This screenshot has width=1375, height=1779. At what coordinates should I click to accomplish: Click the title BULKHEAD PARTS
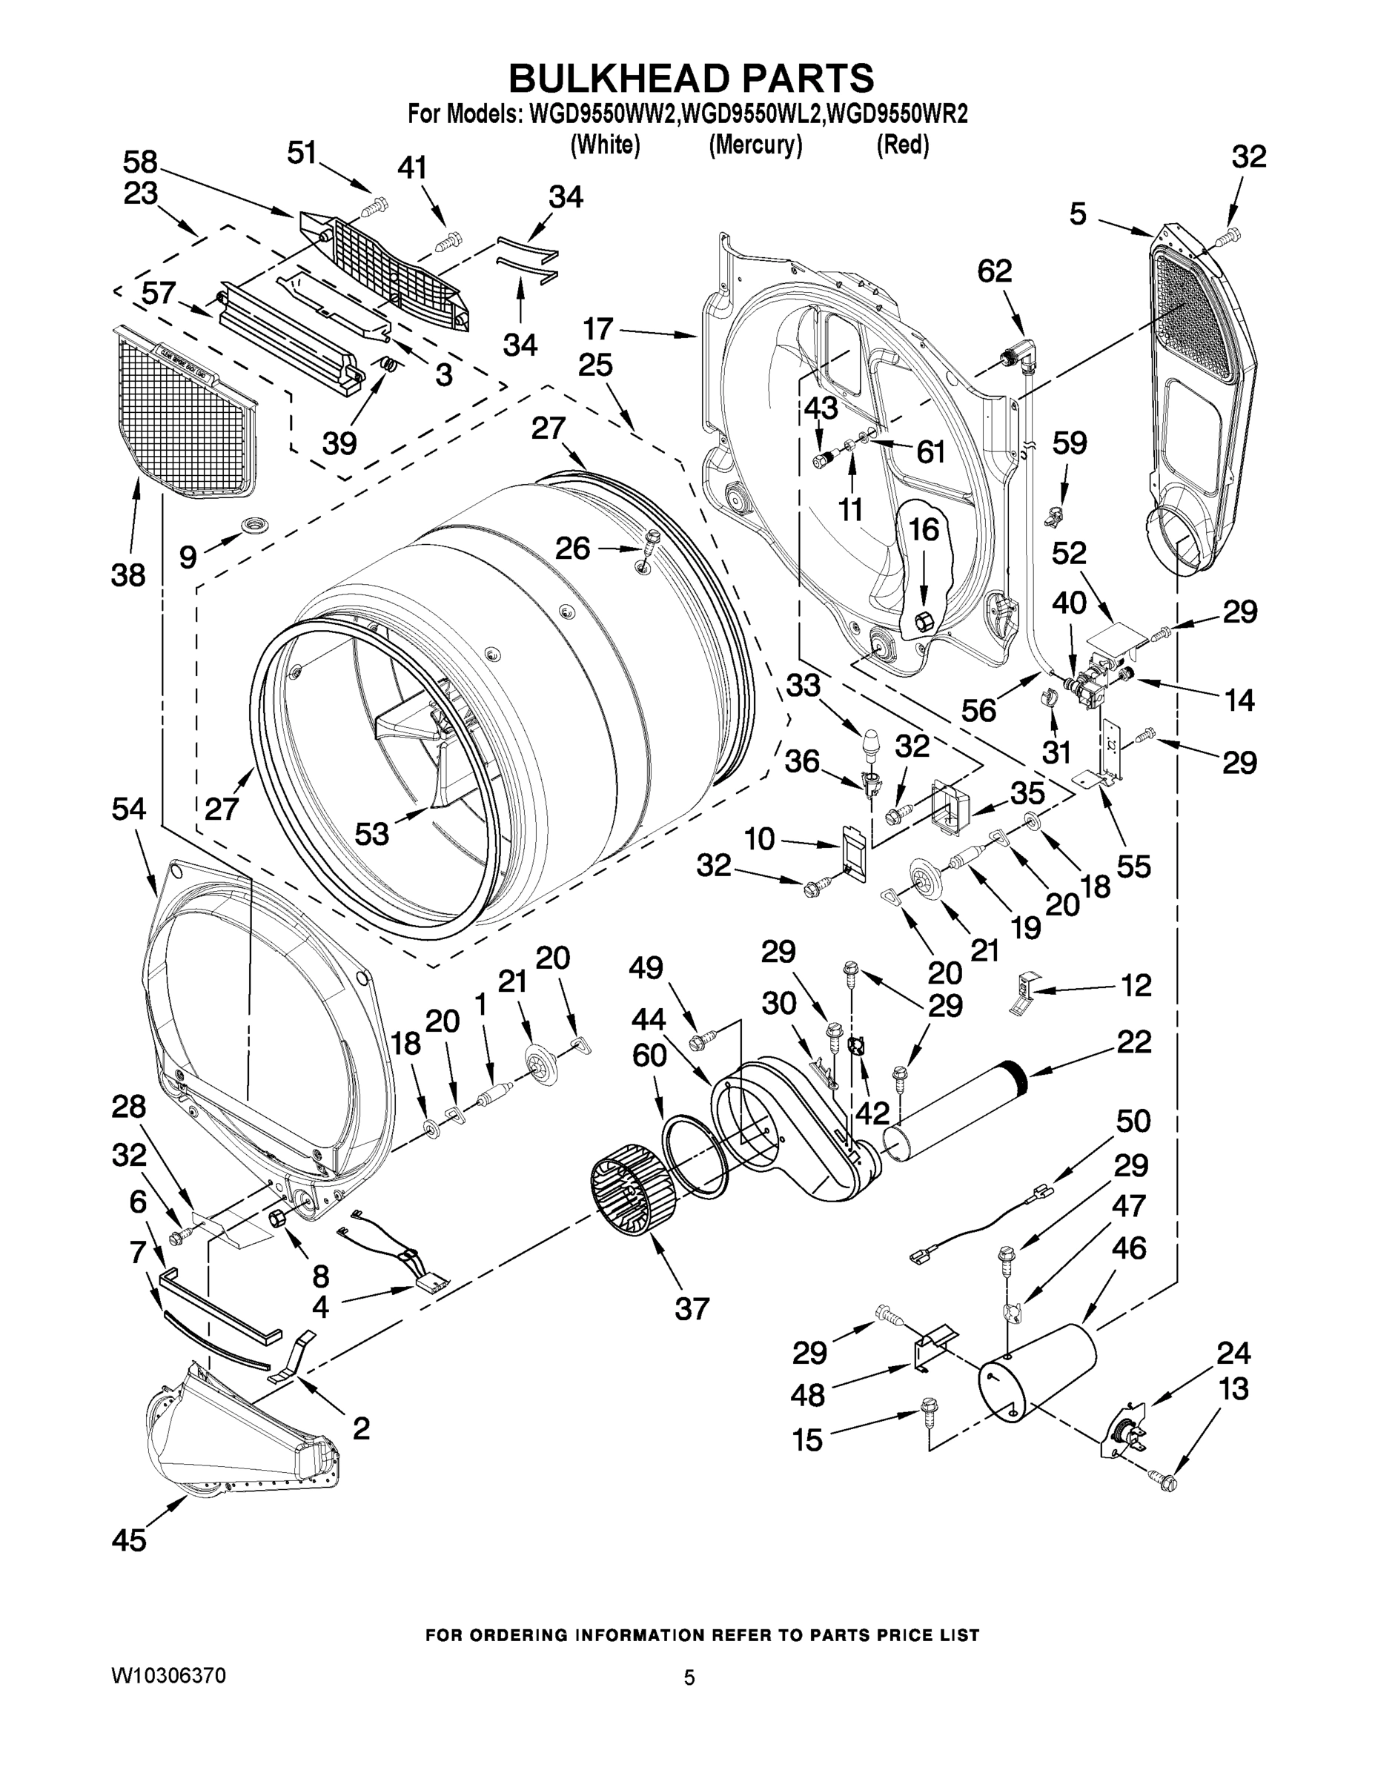691,79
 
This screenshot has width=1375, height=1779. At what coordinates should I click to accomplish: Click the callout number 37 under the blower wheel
691,1309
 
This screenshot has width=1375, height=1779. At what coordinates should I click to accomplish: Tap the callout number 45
130,1540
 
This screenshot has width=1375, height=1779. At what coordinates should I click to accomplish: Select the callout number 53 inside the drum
372,833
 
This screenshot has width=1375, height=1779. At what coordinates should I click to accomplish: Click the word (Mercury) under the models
755,145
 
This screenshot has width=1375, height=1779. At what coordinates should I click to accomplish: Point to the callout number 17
598,329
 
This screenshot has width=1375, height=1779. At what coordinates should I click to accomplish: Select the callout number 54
129,809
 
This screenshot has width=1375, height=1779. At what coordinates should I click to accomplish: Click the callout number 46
1128,1248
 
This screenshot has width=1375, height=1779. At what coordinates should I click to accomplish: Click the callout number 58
140,162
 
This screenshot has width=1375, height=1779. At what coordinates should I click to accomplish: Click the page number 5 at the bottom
689,1677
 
